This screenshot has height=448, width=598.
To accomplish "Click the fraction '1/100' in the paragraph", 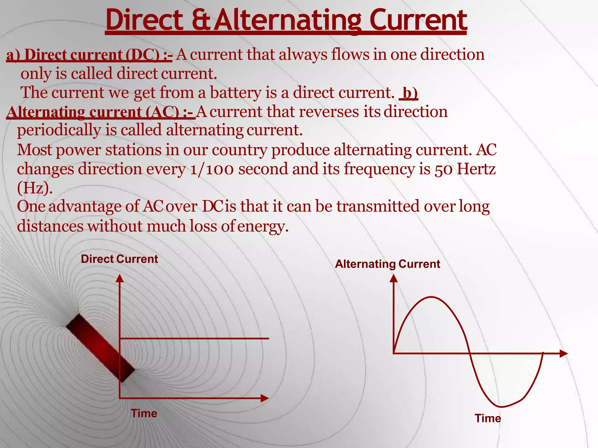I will coord(212,169).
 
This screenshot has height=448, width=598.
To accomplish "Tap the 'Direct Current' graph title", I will coord(119,259).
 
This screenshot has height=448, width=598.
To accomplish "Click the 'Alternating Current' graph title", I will coord(387,264).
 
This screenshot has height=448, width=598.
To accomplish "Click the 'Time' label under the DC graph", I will coord(144,413).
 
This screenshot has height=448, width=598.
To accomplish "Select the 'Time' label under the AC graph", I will coord(488,418).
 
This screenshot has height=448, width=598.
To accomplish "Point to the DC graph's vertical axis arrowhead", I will coord(120,278).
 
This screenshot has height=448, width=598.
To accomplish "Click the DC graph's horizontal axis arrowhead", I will coord(265,398).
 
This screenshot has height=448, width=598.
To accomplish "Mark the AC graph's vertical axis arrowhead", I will coord(394,278).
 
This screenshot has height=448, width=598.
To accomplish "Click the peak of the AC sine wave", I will coord(432,297).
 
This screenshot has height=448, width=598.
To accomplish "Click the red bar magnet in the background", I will coord(100,348).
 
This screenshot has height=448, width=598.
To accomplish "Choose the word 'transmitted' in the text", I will coord(378,206).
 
